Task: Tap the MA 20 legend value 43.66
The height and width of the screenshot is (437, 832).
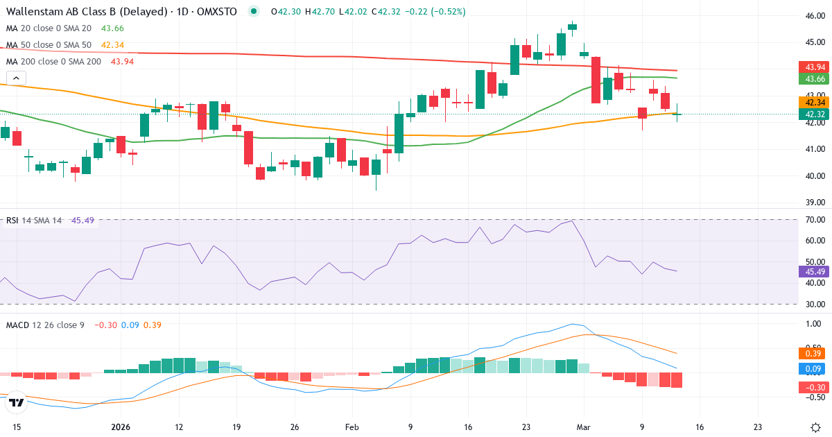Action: click(x=112, y=28)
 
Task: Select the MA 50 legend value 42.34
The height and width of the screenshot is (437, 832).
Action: click(x=112, y=44)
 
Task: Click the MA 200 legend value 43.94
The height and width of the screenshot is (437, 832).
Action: click(x=122, y=61)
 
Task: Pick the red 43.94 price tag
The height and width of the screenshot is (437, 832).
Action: click(x=815, y=67)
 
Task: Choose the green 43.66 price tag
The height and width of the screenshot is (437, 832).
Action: click(x=815, y=79)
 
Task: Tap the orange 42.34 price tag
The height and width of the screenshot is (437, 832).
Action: click(x=815, y=102)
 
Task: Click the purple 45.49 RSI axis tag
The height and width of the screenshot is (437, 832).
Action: click(x=815, y=271)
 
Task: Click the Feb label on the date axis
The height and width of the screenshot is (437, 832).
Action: click(x=352, y=427)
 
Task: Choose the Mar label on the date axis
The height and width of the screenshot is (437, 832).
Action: click(x=583, y=427)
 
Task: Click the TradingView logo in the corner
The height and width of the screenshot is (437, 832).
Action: click(x=17, y=402)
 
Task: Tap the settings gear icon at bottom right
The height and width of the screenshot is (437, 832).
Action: click(x=816, y=427)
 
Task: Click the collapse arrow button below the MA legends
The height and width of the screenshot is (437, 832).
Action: click(x=17, y=78)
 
